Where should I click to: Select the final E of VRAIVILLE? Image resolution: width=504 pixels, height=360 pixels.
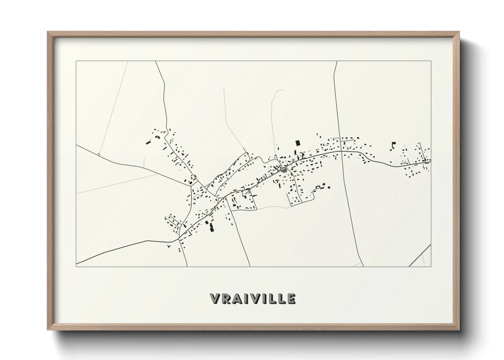point(291,298)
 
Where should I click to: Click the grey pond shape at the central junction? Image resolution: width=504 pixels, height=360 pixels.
point(284,169)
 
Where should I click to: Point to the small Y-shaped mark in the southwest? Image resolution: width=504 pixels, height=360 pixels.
point(169,245)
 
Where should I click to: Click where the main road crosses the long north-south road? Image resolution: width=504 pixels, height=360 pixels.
point(341,151)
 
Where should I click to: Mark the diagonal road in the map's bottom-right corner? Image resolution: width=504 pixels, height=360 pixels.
point(420,255)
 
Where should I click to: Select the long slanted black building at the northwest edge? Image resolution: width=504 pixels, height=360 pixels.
point(148,143)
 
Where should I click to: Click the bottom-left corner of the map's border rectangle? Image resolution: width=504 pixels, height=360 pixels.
point(76,266)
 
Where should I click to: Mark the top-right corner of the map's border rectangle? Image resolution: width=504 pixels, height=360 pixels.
point(431,61)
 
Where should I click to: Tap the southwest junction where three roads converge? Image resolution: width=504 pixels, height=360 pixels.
point(178,239)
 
